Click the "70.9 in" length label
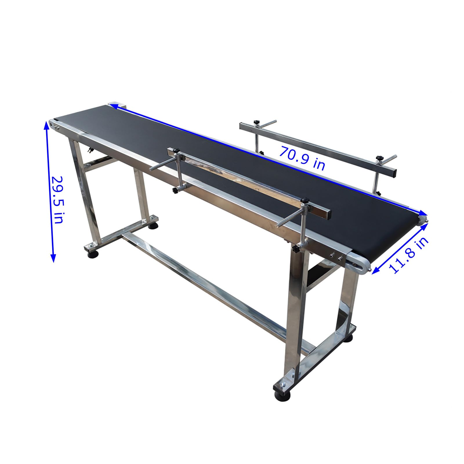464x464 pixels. [x=302, y=158]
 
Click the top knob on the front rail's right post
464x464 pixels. [x=304, y=200]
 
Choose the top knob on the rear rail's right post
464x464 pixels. [x=378, y=158]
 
